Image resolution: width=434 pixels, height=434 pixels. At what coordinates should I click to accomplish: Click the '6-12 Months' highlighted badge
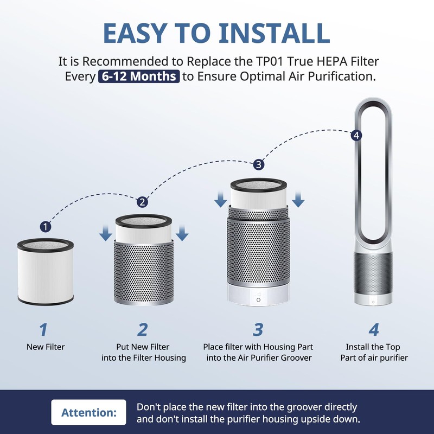point(139,76)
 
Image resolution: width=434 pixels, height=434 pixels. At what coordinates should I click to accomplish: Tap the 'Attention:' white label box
point(89,412)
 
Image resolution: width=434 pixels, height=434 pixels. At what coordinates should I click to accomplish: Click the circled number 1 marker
point(46,226)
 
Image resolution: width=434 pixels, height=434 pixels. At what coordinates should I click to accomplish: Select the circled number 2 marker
point(142,202)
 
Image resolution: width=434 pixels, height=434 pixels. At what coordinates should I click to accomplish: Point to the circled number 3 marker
point(259,164)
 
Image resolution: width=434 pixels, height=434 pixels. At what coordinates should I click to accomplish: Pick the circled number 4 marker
point(356,135)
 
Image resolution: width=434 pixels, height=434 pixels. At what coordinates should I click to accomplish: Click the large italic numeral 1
point(44,329)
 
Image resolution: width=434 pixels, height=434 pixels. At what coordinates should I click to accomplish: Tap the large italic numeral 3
point(258,329)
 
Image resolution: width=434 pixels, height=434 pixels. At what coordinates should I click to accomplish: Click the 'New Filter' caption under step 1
point(46,347)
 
